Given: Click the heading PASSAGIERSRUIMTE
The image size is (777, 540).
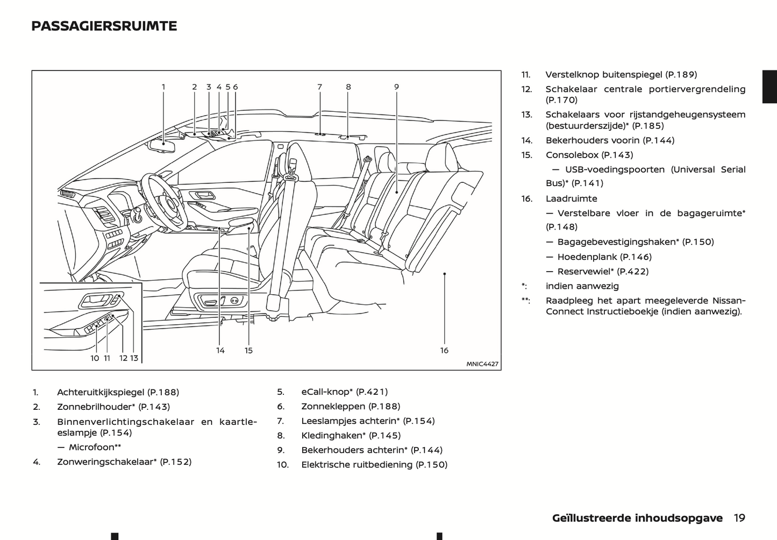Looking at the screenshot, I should pos(104,26).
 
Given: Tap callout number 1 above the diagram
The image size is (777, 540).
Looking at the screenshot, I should pos(163,87).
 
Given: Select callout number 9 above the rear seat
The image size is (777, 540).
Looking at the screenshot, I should pos(396,87).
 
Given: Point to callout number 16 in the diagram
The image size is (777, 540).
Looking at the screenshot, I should pos(444,350).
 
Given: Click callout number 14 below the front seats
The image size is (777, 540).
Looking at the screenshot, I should pos(220,350).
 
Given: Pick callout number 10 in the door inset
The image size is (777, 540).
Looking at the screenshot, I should pos(95,358).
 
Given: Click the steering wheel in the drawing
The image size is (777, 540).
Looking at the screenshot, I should pos(164,199).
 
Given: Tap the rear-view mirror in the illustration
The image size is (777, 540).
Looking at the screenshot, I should pos(162,145).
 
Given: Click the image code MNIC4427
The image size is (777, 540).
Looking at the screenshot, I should pos(482,364).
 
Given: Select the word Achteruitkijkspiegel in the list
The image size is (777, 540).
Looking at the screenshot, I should pos(101,392).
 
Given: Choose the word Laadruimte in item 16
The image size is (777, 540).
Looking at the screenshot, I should pos(571,198).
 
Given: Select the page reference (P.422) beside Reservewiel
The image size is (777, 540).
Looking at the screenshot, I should pos(633,271).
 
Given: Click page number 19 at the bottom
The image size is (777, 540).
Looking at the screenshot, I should pos(739,518).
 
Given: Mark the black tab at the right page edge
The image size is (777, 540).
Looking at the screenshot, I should pos(769,86).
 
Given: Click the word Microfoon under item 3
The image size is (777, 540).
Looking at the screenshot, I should pos(91,447).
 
